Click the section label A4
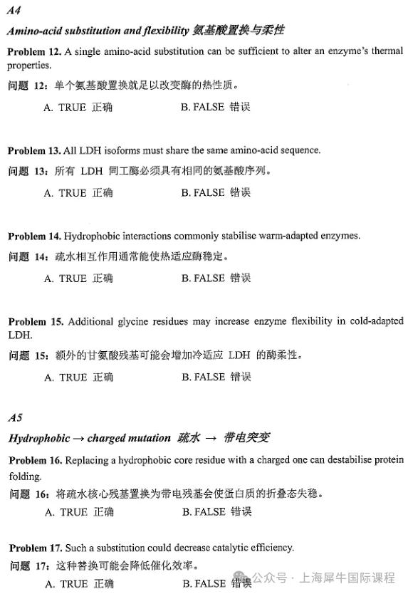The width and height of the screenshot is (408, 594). pos(14,10)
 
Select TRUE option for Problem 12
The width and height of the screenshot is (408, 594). pos(78,108)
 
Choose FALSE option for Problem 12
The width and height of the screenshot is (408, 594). pos(215,108)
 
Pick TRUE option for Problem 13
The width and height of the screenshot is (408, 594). pos(78,193)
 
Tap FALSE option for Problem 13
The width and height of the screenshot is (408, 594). pos(215,193)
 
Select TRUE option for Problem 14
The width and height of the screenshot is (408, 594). pos(78,278)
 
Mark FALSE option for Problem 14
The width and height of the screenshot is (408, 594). pos(215,278)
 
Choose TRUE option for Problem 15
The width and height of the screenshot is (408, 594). pos(78,377)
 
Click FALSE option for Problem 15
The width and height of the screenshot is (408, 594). pos(215,377)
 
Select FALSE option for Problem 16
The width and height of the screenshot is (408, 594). pos(216,512)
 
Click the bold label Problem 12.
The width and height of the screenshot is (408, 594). pos(33,52)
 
